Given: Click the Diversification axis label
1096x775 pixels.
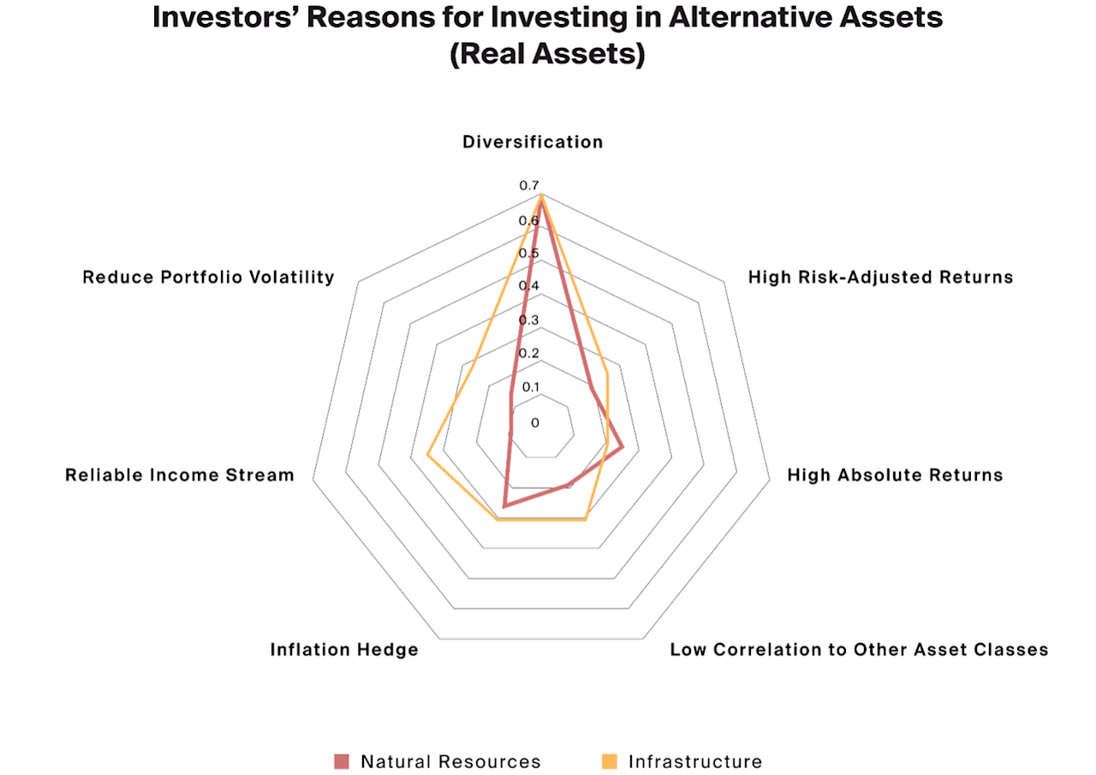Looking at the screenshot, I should (533, 142).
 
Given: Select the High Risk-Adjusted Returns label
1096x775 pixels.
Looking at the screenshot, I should (880, 277).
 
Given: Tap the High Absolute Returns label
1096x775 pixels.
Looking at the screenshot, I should (895, 474).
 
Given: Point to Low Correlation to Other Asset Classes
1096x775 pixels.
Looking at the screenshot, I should (859, 649).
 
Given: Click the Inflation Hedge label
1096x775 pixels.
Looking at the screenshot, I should (344, 649).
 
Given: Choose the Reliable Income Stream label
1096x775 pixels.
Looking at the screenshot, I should (180, 474).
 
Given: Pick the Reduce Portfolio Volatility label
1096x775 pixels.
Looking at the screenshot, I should (208, 277).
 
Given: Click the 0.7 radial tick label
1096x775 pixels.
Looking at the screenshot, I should (528, 186).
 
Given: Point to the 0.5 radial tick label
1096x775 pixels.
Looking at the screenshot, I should (528, 253).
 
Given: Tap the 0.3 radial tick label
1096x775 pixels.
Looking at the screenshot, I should (528, 320).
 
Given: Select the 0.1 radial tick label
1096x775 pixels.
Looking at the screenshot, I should (531, 387).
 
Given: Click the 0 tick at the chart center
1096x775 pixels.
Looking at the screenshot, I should (535, 422).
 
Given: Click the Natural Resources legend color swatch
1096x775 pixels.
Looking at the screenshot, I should (342, 761).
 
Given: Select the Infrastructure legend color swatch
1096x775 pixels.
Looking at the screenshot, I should (610, 761).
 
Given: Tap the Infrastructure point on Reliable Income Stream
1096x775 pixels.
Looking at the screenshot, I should (428, 455).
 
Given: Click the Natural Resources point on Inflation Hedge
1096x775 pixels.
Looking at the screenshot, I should (504, 506).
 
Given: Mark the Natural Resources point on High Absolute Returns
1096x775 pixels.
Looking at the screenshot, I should (622, 447).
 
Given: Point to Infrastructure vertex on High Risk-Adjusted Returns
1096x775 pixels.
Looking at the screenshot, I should (607, 373).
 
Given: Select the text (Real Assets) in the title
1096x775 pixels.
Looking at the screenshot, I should (547, 54).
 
